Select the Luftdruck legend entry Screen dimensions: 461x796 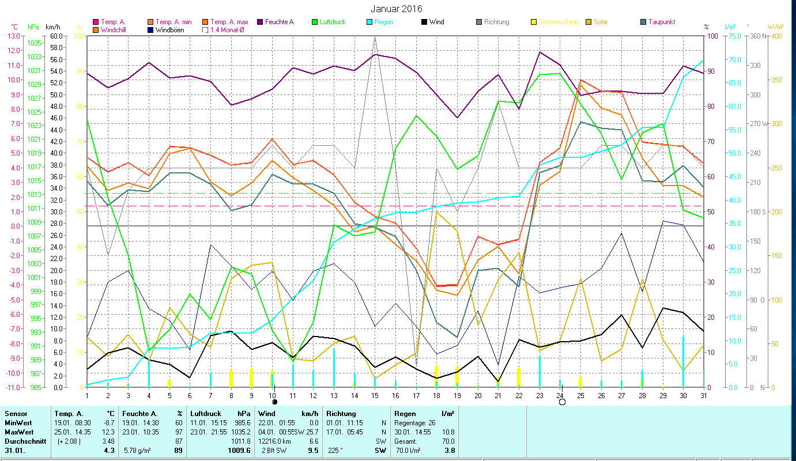334,22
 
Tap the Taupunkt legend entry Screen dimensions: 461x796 661,22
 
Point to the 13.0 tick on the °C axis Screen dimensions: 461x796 12,36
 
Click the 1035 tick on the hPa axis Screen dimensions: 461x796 34,43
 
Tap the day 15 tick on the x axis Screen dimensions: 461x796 375,395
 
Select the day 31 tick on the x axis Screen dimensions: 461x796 703,395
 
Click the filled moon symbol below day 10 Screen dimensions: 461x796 274,402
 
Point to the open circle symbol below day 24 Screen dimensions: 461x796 562,402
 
